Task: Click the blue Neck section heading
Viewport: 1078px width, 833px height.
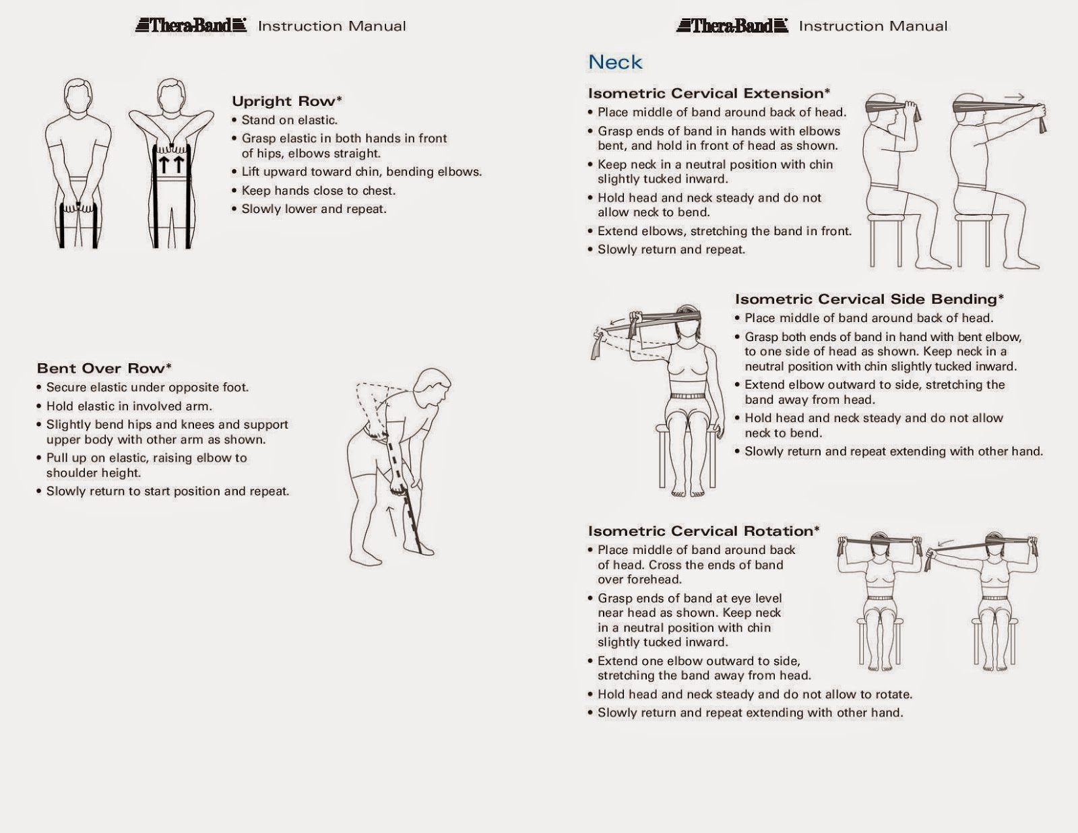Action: click(x=615, y=62)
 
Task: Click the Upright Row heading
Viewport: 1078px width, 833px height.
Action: click(x=287, y=101)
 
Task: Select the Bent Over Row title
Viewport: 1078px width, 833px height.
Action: click(x=104, y=368)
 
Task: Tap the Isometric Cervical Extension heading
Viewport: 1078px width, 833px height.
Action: click(x=708, y=93)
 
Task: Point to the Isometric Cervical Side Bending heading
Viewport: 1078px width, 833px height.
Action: click(x=868, y=299)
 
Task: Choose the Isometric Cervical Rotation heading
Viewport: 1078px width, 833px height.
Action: click(x=703, y=531)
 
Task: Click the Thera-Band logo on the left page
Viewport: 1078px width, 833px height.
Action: click(x=191, y=26)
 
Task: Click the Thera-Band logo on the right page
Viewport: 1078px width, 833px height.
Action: click(x=732, y=26)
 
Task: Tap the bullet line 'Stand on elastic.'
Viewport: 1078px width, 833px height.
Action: click(x=289, y=120)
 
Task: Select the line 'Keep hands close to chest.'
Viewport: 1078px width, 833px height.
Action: click(x=318, y=191)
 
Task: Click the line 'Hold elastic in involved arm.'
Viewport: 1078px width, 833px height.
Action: click(x=129, y=406)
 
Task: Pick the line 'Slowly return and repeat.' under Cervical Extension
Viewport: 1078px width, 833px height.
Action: click(x=670, y=249)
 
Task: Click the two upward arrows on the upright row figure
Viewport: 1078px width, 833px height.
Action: click(x=171, y=164)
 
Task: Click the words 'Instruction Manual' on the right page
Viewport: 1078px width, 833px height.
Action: click(x=873, y=26)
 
